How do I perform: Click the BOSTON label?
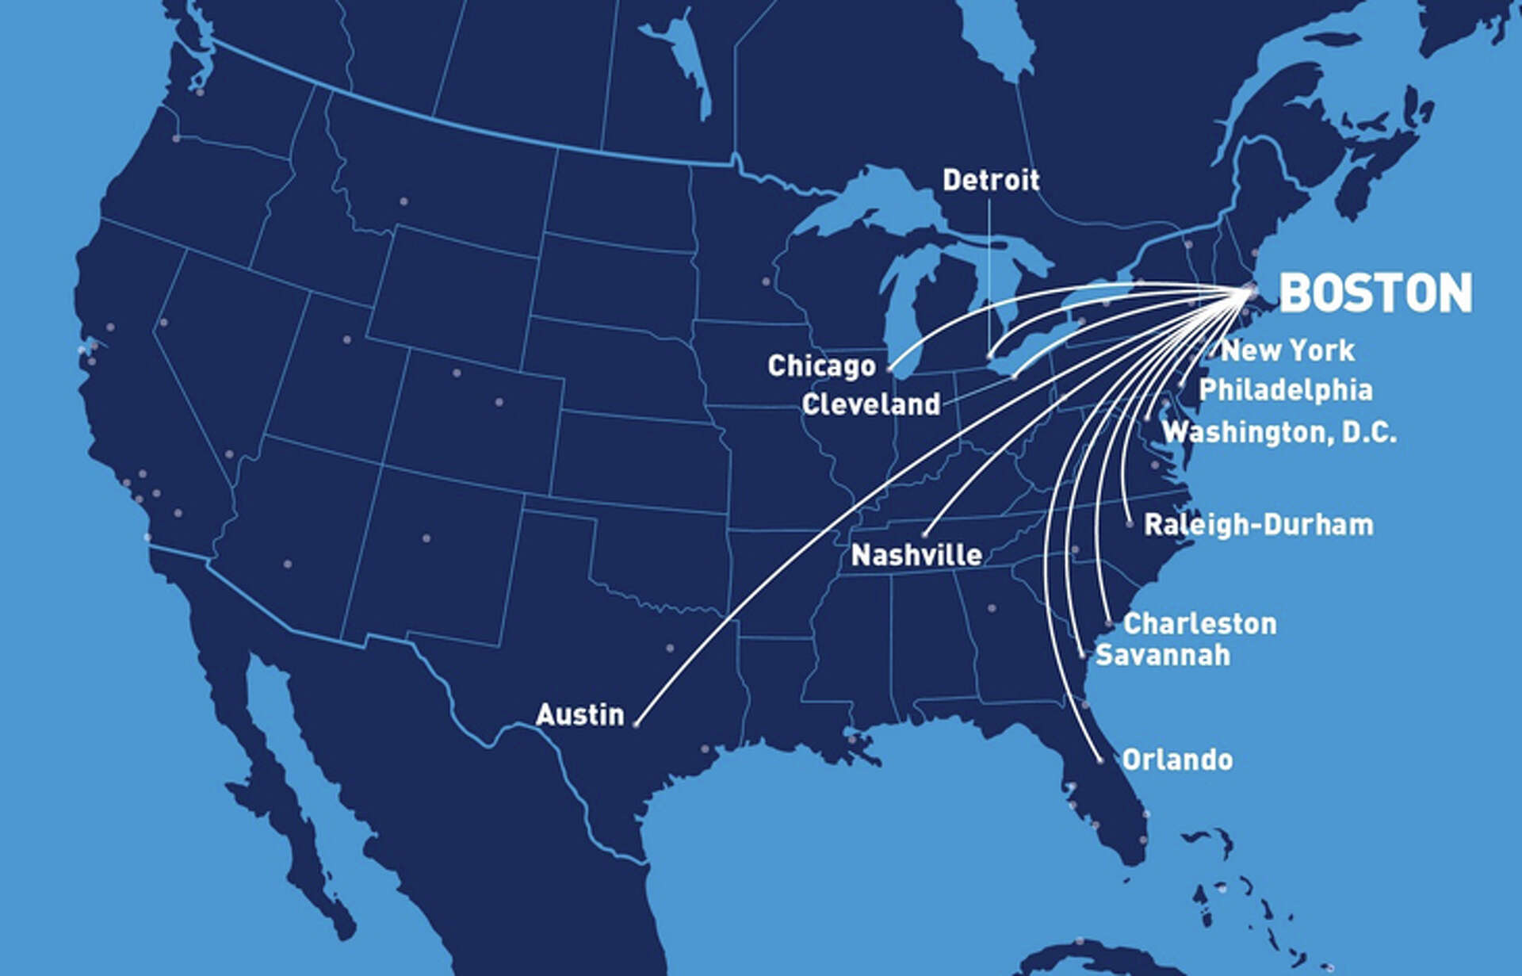coord(1375,293)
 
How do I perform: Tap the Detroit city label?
coord(990,181)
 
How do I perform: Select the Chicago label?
coord(821,366)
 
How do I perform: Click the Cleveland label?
coord(870,404)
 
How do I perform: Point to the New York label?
coord(1287,350)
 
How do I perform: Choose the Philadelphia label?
coord(1285,389)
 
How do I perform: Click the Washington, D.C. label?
coord(1279,432)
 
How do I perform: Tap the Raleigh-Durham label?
coord(1259,525)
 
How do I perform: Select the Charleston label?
coord(1200,623)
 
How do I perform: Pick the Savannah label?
coord(1163,655)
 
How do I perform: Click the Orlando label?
coord(1177,760)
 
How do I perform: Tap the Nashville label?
coord(916,555)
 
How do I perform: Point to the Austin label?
coord(580,715)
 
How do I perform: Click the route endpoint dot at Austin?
coord(636,723)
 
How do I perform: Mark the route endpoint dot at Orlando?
coord(1100,760)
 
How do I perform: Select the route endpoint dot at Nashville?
coord(924,535)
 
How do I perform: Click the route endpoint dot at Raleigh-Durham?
coord(1130,524)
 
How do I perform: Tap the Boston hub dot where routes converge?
coord(1250,290)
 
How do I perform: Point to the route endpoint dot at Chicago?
coord(889,368)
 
